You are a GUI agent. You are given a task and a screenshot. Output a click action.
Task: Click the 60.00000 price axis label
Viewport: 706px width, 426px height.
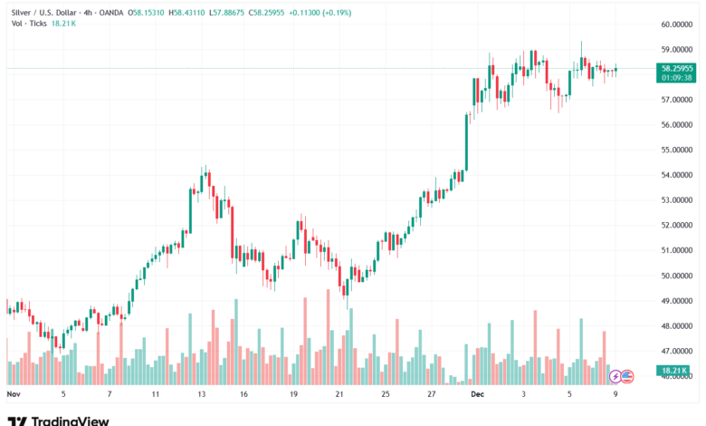[x=677, y=24]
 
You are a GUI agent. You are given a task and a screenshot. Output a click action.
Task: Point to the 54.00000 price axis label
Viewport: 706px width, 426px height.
[x=677, y=175]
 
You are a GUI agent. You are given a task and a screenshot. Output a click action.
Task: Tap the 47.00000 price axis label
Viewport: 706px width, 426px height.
[x=677, y=351]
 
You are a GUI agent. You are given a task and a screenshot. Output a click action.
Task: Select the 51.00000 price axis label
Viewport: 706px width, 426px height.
[x=677, y=250]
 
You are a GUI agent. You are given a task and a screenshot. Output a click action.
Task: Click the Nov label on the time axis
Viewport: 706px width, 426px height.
[x=13, y=395]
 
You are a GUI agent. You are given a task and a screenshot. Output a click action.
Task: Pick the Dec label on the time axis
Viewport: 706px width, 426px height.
[x=478, y=395]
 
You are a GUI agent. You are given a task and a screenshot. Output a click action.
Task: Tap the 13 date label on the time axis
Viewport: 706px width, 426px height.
[x=201, y=395]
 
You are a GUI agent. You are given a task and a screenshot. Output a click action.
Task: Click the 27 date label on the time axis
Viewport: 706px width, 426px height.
[x=432, y=395]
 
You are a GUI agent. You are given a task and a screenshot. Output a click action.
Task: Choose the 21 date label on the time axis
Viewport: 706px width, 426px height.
[x=339, y=395]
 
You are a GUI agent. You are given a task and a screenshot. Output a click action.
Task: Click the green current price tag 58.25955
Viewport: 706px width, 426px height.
[x=677, y=68]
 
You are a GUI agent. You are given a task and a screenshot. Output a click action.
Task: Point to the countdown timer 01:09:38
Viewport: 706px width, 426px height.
[x=677, y=77]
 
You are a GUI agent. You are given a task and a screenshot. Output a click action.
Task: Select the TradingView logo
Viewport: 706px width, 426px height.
[x=58, y=421]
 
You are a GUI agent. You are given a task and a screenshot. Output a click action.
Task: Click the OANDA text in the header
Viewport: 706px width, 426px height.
[x=111, y=13]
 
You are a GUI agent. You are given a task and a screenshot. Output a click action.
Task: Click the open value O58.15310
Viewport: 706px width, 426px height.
[x=146, y=13]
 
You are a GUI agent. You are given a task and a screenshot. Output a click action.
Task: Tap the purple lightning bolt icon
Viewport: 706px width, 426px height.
[x=615, y=375]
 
